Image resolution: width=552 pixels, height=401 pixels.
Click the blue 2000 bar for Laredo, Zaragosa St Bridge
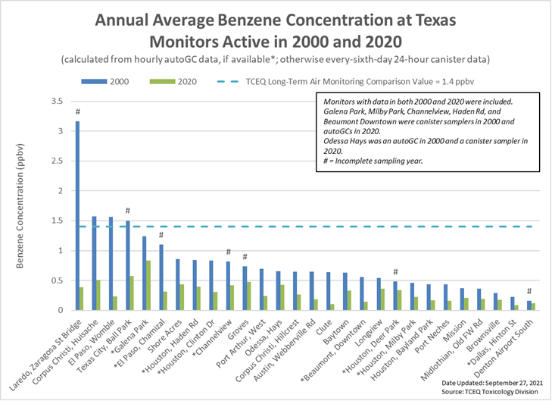point(76,215)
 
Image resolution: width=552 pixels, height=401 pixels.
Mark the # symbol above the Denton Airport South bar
point(529,291)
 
